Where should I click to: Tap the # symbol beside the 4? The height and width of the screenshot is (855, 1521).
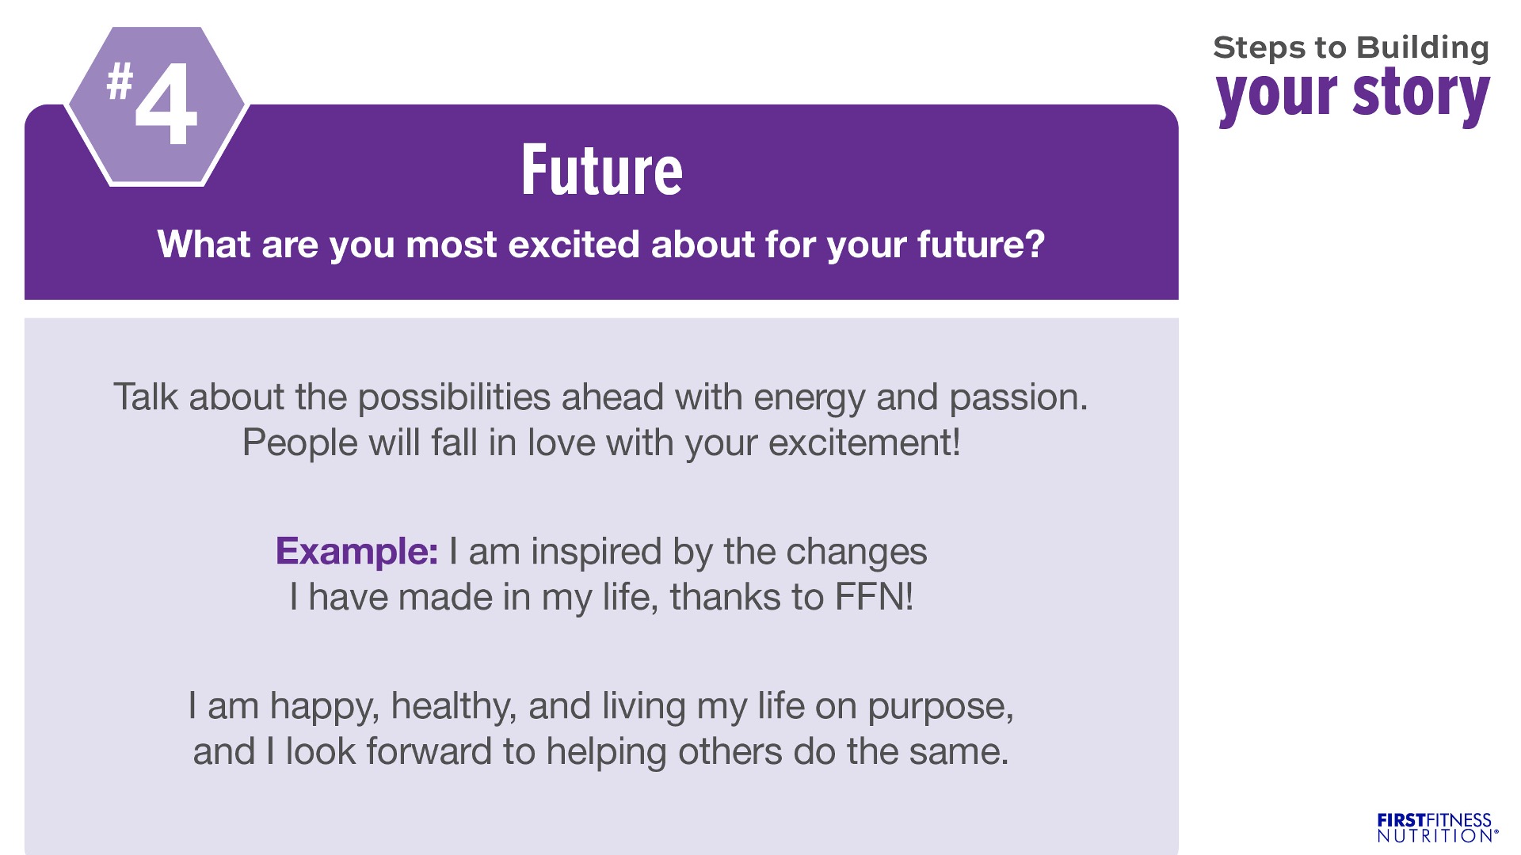pos(120,82)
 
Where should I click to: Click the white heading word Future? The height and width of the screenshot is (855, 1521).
pos(602,170)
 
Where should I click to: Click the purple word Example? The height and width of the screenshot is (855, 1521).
pos(356,551)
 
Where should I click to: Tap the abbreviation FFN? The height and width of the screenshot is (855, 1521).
pos(875,597)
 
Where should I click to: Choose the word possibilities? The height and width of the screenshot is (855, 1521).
pos(454,397)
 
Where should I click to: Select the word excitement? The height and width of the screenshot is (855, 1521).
pos(864,443)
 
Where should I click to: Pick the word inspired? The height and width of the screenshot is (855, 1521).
pos(597,552)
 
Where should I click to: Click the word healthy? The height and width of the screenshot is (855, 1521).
pos(454,706)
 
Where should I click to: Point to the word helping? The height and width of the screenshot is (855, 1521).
pos(606,752)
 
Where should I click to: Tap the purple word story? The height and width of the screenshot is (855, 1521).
pos(1421,94)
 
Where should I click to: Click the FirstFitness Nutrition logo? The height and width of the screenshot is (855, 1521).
pos(1437,828)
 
